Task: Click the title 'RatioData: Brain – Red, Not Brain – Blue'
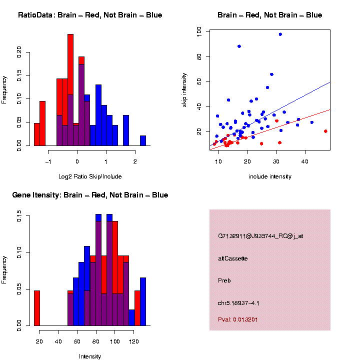click(90, 15)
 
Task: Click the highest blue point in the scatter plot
click(280, 34)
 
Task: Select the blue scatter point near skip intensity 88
click(239, 46)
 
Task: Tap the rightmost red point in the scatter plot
click(325, 131)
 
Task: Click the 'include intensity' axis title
click(270, 176)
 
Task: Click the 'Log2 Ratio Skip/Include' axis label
click(90, 176)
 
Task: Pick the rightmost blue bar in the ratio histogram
click(143, 140)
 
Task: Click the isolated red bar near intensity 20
click(36, 308)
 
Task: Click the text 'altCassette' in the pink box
click(233, 258)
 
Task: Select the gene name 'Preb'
click(224, 280)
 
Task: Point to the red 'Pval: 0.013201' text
click(238, 319)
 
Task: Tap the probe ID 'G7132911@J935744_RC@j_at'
click(260, 235)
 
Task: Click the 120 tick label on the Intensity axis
click(133, 341)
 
